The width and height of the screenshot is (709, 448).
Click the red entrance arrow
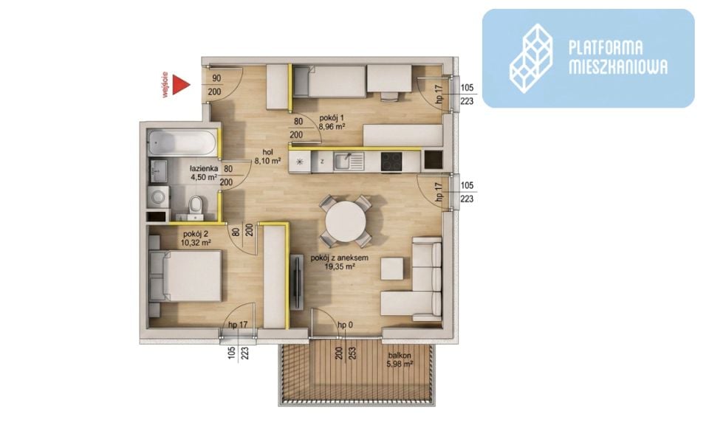(182, 85)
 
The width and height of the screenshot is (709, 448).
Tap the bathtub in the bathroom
(182, 142)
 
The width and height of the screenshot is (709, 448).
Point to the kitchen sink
(349, 162)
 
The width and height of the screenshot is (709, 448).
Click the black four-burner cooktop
(391, 162)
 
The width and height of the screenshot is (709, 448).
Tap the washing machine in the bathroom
(158, 197)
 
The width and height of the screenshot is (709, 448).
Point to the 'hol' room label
(267, 152)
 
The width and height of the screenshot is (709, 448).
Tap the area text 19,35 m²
(340, 266)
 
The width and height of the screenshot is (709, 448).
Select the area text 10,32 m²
(196, 243)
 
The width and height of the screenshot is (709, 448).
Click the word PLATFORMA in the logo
(606, 48)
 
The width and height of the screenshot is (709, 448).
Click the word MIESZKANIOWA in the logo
(617, 66)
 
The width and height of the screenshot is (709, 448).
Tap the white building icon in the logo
(531, 58)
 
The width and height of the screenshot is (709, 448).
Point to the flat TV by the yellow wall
(297, 282)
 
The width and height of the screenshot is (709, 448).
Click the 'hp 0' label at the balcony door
(346, 325)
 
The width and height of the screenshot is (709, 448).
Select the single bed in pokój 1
(329, 81)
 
